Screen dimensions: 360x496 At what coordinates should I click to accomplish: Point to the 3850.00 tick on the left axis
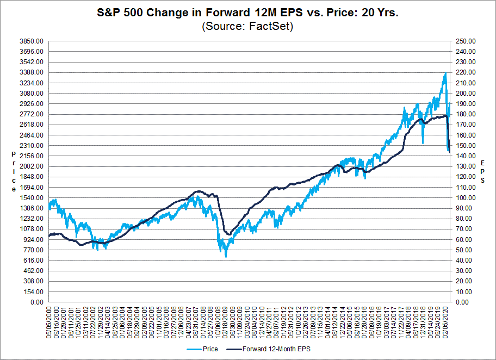[31, 41]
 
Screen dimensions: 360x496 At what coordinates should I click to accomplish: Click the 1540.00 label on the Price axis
[31, 197]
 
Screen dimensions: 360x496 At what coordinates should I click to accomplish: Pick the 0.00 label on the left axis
[36, 302]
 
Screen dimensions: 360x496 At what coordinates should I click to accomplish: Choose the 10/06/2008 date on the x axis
[219, 321]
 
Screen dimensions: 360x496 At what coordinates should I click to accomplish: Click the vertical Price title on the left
[14, 172]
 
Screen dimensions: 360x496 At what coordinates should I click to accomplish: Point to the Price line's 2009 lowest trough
[226, 256]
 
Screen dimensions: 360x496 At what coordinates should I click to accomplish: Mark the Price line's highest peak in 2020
[445, 73]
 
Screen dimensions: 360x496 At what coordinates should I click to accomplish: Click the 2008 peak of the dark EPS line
[199, 191]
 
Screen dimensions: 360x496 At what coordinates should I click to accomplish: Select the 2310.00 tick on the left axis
[31, 145]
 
